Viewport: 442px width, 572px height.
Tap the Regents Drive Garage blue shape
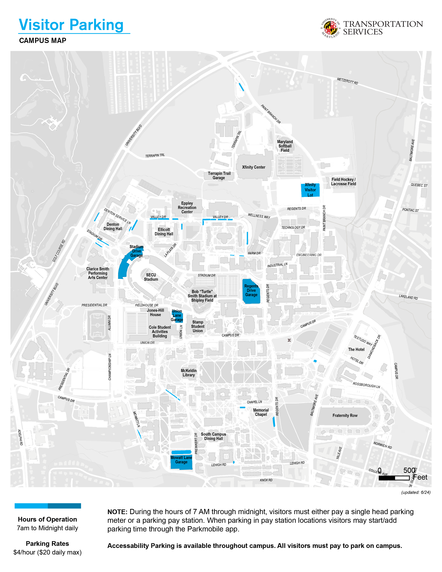251,291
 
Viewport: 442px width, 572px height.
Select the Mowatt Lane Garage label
181,460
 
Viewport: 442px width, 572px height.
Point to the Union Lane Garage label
177,315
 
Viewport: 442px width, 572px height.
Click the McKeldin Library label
189,373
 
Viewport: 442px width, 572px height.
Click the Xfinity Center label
253,167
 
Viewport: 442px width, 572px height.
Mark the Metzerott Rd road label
347,81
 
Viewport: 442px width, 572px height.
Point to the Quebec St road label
419,185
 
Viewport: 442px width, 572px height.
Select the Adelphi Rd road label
20,437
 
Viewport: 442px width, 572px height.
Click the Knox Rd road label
266,480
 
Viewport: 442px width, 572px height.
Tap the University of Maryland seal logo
330,28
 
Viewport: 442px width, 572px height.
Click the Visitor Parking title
71,25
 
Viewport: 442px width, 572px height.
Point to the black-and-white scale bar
394,478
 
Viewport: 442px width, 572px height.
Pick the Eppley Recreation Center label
187,207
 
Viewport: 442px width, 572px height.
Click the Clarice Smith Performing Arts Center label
98,273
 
